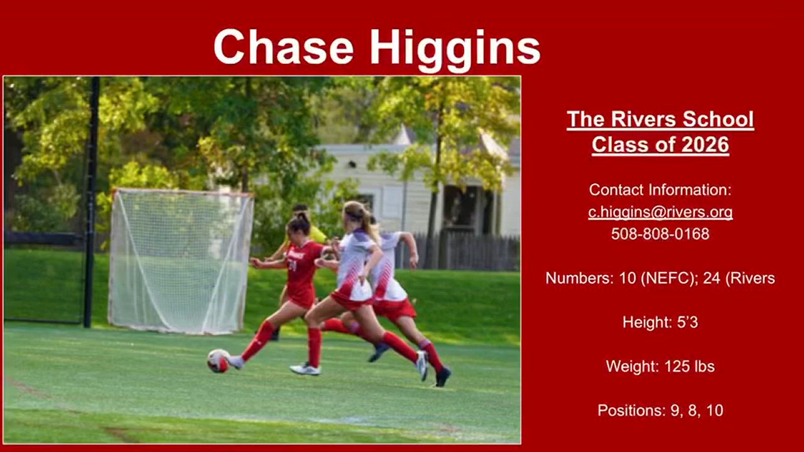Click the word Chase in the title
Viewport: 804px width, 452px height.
click(x=283, y=47)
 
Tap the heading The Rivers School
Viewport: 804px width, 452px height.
click(x=660, y=119)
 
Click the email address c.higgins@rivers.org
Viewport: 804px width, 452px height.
click(x=660, y=212)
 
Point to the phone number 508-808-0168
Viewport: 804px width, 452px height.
click(x=660, y=234)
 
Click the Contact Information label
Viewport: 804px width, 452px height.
click(x=660, y=190)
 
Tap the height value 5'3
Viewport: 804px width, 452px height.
click(x=687, y=322)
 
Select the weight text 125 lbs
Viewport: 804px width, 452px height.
click(x=689, y=366)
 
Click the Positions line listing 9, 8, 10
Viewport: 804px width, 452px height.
click(x=660, y=411)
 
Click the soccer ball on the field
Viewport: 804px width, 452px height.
click(x=218, y=361)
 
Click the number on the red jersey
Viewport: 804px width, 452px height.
click(x=292, y=266)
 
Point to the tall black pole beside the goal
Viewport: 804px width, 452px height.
click(x=92, y=202)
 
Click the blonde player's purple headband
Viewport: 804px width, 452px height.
click(x=354, y=216)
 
